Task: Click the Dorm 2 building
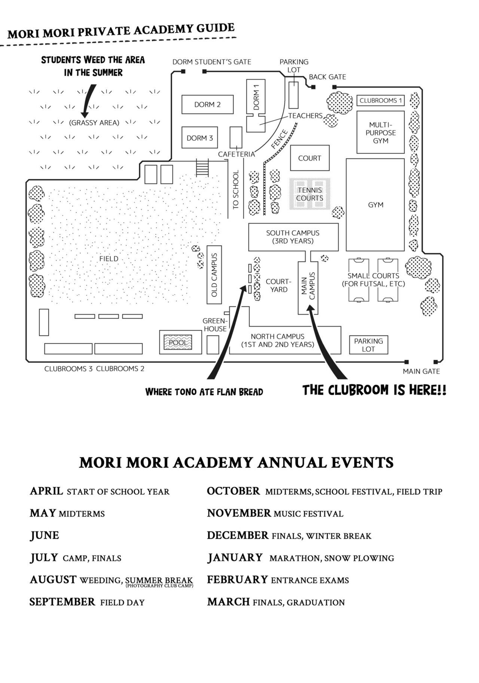[x=207, y=104]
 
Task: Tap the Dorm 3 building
[x=199, y=138]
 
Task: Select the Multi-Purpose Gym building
[x=380, y=132]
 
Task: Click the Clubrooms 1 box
[x=380, y=100]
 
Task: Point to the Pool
[x=178, y=342]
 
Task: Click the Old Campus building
[x=214, y=274]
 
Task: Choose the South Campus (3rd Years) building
[x=293, y=237]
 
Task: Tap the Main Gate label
[x=421, y=371]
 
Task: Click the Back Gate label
[x=327, y=77]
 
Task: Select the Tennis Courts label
[x=310, y=194]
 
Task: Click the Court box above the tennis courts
[x=309, y=158]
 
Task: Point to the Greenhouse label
[x=215, y=325]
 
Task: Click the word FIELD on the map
[x=109, y=258]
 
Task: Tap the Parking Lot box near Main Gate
[x=368, y=345]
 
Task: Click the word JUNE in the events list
[x=45, y=535]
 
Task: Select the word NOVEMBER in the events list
[x=239, y=513]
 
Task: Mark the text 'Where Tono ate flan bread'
[x=204, y=392]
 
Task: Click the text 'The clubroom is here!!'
[x=374, y=390]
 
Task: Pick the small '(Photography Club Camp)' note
[x=159, y=586]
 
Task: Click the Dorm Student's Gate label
[x=211, y=62]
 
